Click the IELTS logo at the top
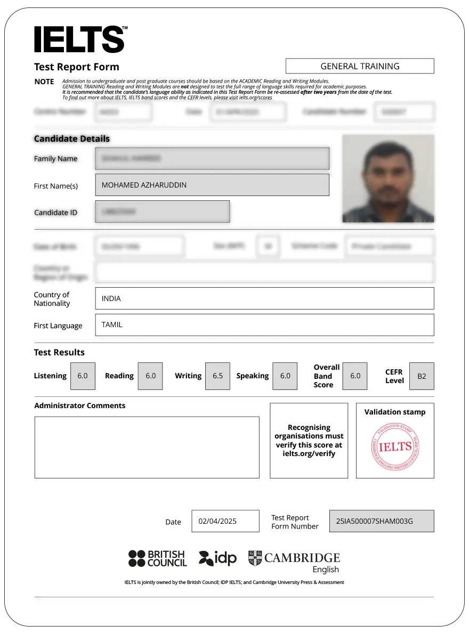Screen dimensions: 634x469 [x=80, y=39]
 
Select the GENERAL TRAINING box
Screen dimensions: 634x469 [x=360, y=66]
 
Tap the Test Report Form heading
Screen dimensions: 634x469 [x=77, y=67]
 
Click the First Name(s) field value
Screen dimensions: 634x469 [x=212, y=185]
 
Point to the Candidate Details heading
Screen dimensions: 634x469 [x=72, y=139]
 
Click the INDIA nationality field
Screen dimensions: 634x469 [x=264, y=298]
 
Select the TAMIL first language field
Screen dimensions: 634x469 [x=264, y=324]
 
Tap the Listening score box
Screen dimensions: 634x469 [x=83, y=376]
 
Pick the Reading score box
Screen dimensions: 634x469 [x=150, y=376]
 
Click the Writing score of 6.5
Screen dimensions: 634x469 [x=217, y=376]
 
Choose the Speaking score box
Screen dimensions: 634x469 [x=285, y=376]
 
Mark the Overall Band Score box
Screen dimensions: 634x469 [x=355, y=376]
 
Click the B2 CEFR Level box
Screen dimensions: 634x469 [x=422, y=376]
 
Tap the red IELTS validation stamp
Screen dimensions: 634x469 [x=395, y=446]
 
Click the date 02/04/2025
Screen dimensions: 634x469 [x=225, y=521]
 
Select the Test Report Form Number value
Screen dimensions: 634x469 [x=382, y=521]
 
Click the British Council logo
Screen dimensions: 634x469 [x=157, y=558]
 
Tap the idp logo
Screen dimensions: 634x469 [x=217, y=558]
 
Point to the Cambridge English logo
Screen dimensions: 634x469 [x=294, y=562]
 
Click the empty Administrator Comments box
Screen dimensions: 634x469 [x=147, y=447]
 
